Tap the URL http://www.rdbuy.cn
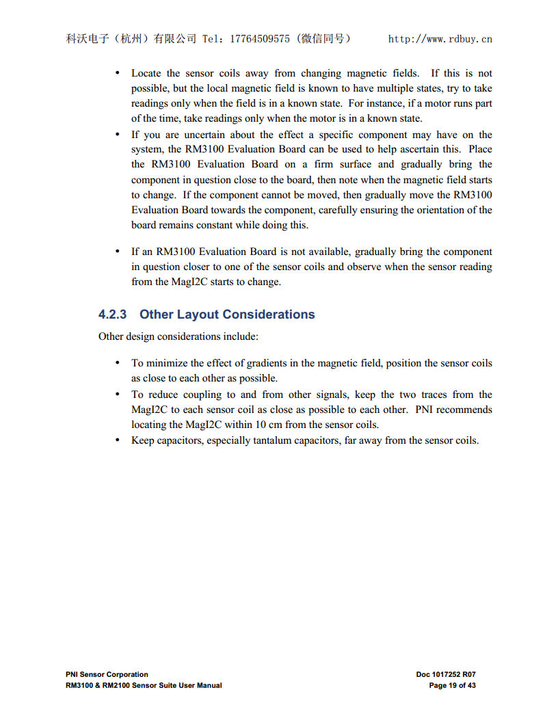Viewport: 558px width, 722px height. coord(440,39)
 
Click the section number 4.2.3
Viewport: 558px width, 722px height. coord(113,315)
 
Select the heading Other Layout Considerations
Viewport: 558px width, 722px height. coord(227,315)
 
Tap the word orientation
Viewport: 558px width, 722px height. coord(439,210)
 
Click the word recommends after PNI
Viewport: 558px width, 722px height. coord(464,410)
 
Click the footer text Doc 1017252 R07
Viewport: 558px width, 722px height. coord(446,674)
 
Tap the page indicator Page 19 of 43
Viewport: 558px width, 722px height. coord(452,685)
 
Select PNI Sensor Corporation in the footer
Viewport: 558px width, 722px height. coord(107,674)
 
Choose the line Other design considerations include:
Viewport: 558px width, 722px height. coord(178,336)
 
